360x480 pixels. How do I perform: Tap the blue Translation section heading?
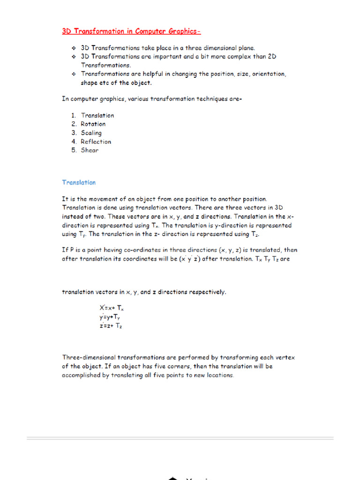click(x=79, y=182)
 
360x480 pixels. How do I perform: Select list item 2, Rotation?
click(x=93, y=124)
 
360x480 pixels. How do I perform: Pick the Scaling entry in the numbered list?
click(x=91, y=133)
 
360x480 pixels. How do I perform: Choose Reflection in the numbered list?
click(x=96, y=142)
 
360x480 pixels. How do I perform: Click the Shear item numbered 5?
click(x=90, y=150)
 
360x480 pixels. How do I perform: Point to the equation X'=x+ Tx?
click(x=111, y=308)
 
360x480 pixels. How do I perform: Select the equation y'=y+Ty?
click(x=110, y=317)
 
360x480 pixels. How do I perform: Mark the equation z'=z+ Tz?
click(x=111, y=326)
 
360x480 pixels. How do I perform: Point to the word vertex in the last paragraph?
click(x=285, y=357)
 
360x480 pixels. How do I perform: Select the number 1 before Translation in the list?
click(x=73, y=115)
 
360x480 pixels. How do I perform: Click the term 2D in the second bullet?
click(x=272, y=57)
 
